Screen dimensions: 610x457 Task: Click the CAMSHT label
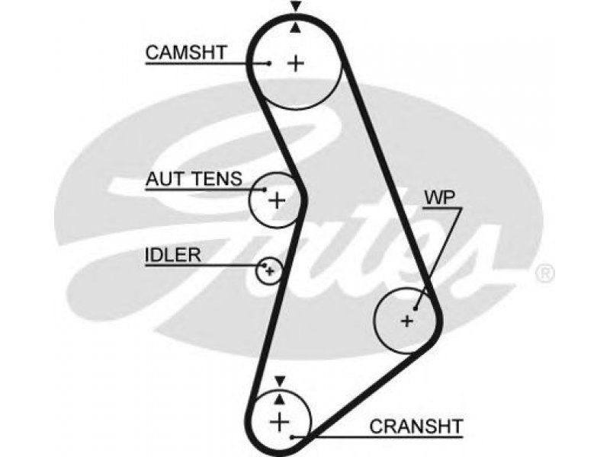pos(186,53)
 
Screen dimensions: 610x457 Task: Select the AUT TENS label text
pos(194,179)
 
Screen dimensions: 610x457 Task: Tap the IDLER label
pos(173,255)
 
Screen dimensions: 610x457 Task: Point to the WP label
pos(440,198)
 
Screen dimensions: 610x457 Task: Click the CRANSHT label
pos(416,427)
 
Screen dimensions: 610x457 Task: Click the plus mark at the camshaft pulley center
pos(296,63)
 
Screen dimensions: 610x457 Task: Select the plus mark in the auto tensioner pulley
pos(277,200)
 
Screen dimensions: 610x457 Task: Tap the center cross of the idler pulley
pos(270,271)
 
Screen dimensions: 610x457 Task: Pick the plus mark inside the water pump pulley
pos(407,321)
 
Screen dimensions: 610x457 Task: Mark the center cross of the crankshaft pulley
pos(279,422)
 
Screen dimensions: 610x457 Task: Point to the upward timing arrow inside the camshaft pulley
pos(296,27)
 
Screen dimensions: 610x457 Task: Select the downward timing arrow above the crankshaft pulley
pos(280,381)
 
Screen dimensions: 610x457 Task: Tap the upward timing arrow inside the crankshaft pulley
pos(280,399)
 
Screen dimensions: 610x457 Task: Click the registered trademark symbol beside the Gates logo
pos(544,273)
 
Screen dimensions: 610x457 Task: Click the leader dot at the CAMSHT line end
pos(269,63)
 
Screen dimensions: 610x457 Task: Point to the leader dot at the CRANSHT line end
pos(292,437)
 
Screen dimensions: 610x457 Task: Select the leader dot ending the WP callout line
pos(416,309)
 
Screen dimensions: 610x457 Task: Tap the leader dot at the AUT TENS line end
pos(265,190)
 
